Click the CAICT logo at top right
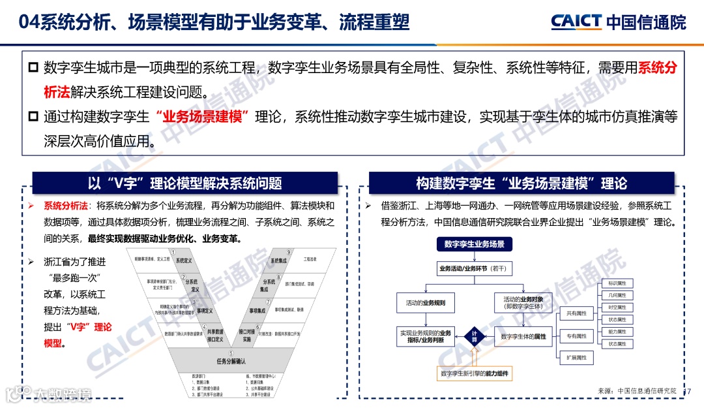pos(618,22)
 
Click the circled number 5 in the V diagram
pos(230,353)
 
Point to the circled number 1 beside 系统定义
pos(173,252)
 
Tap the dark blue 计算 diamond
pos(475,337)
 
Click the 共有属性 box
pos(576,313)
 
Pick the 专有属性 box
pos(576,336)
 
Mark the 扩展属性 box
pos(576,357)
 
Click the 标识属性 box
pos(617,283)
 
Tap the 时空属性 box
pos(617,307)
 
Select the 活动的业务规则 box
pos(425,303)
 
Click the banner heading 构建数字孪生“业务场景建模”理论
pos(521,183)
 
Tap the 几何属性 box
pos(617,296)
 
